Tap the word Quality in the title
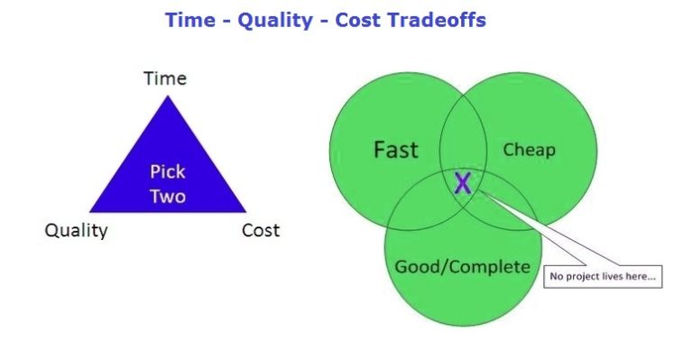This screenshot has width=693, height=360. point(274,20)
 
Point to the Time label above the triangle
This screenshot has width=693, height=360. point(165,78)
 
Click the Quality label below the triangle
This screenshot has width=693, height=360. point(77,230)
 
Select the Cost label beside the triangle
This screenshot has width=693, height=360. point(261,230)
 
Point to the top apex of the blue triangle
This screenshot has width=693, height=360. point(166,97)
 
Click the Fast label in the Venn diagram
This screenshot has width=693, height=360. point(395,149)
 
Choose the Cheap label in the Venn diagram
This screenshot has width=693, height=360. point(529,150)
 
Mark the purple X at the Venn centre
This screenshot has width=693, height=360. point(463,184)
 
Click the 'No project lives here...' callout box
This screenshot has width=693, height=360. point(602,276)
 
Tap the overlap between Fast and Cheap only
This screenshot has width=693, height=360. point(462,143)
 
